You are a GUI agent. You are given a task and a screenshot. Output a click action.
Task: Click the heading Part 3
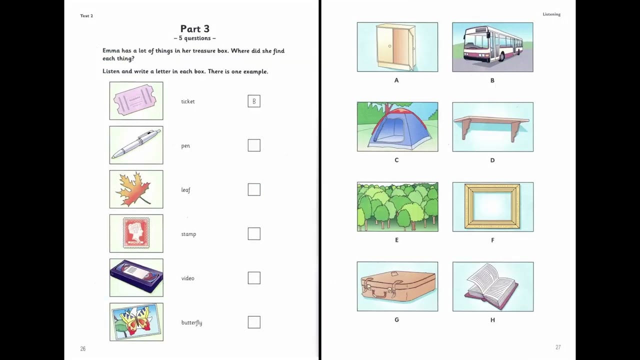(x=195, y=28)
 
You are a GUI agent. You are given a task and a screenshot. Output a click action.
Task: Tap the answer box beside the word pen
(x=254, y=145)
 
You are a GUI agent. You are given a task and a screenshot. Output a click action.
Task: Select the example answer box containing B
(x=254, y=101)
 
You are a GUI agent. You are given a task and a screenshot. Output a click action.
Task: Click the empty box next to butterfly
(x=254, y=322)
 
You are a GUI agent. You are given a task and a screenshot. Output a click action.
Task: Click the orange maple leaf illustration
(x=133, y=189)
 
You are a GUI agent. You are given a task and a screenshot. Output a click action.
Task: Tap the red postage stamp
(x=136, y=233)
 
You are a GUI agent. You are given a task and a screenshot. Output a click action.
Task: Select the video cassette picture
(x=136, y=276)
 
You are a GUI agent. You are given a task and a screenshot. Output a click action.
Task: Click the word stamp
(x=188, y=234)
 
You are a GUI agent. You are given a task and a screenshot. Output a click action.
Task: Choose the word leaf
(x=185, y=190)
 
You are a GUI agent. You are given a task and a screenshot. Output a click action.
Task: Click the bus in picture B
(x=493, y=43)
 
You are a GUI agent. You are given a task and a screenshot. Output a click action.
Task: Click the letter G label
(x=396, y=319)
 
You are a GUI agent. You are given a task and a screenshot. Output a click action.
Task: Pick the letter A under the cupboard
(x=396, y=80)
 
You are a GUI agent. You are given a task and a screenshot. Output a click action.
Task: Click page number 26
(x=83, y=348)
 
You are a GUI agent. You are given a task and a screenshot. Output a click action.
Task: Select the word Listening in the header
(x=551, y=14)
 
